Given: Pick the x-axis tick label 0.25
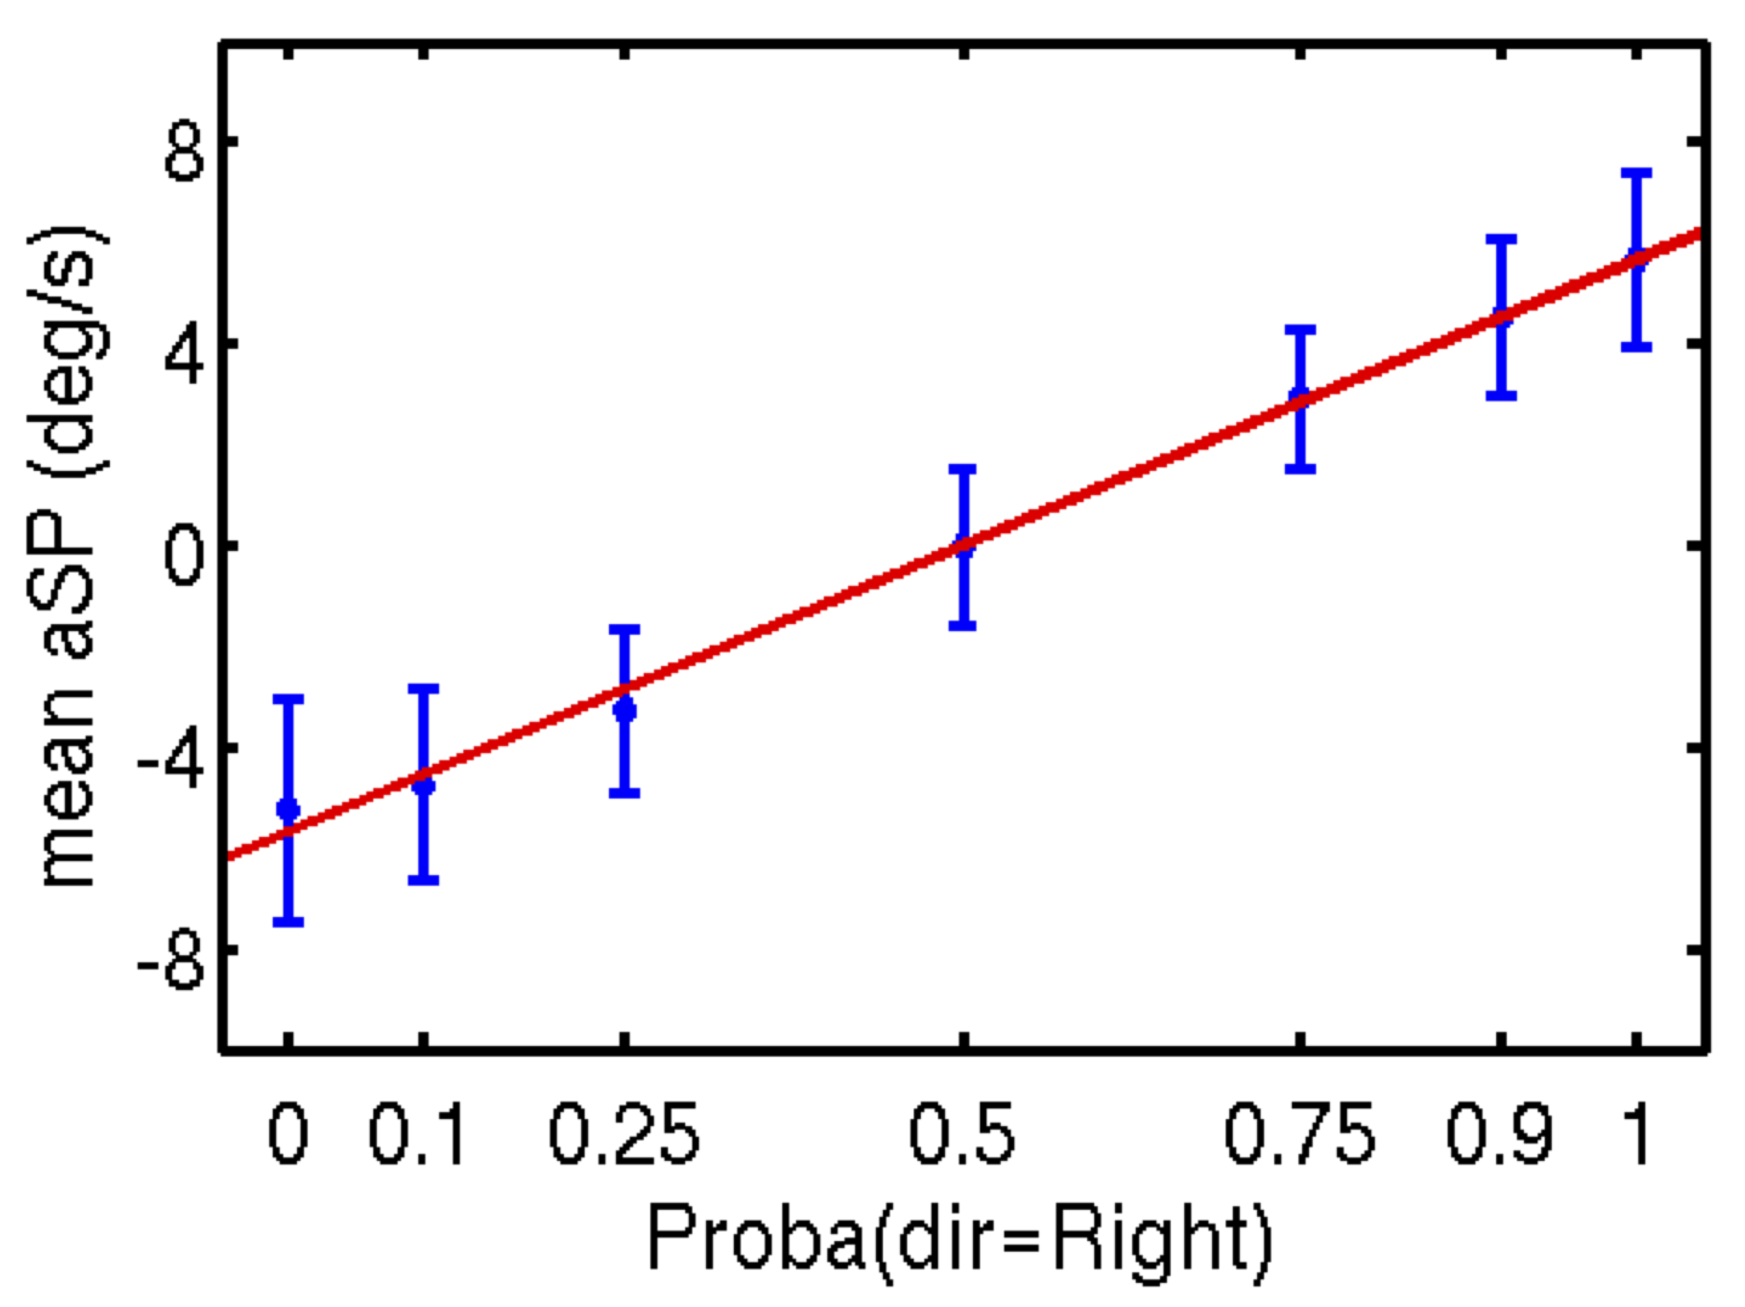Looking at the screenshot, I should (x=623, y=1136).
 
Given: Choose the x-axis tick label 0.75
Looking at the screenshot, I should (x=1299, y=1136).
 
